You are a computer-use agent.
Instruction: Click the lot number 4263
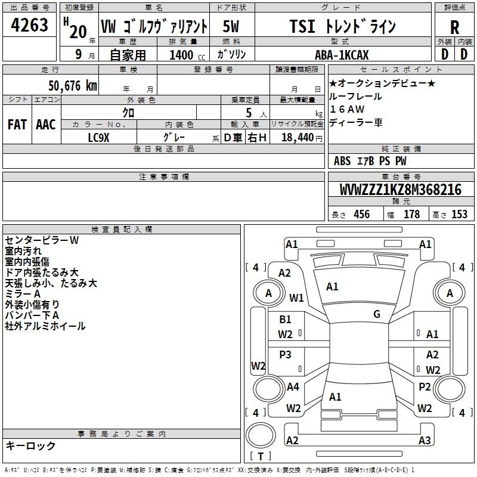[29, 25]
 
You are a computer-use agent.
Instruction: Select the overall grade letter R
[454, 27]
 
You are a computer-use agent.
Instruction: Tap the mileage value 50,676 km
[73, 86]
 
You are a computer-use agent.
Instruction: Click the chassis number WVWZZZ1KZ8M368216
[400, 190]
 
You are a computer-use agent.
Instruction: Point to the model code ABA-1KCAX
[342, 55]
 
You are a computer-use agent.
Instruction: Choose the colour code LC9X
[98, 138]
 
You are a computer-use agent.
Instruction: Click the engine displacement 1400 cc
[187, 55]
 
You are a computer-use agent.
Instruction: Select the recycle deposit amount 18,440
[298, 138]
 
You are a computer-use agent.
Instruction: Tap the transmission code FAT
[17, 125]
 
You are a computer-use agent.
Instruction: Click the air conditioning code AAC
[46, 125]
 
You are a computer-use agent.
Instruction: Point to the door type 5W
[231, 26]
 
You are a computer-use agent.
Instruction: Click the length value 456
[362, 215]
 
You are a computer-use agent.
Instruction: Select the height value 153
[459, 215]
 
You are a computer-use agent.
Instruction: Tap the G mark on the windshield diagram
[377, 314]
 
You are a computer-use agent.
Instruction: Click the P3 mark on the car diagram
[285, 354]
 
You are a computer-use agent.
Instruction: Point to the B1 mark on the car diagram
[285, 320]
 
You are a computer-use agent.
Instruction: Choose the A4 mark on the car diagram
[293, 387]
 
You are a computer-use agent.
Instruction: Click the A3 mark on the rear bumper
[425, 440]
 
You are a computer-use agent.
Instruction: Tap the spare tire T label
[261, 457]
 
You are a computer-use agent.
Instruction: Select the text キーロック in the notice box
[30, 445]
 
